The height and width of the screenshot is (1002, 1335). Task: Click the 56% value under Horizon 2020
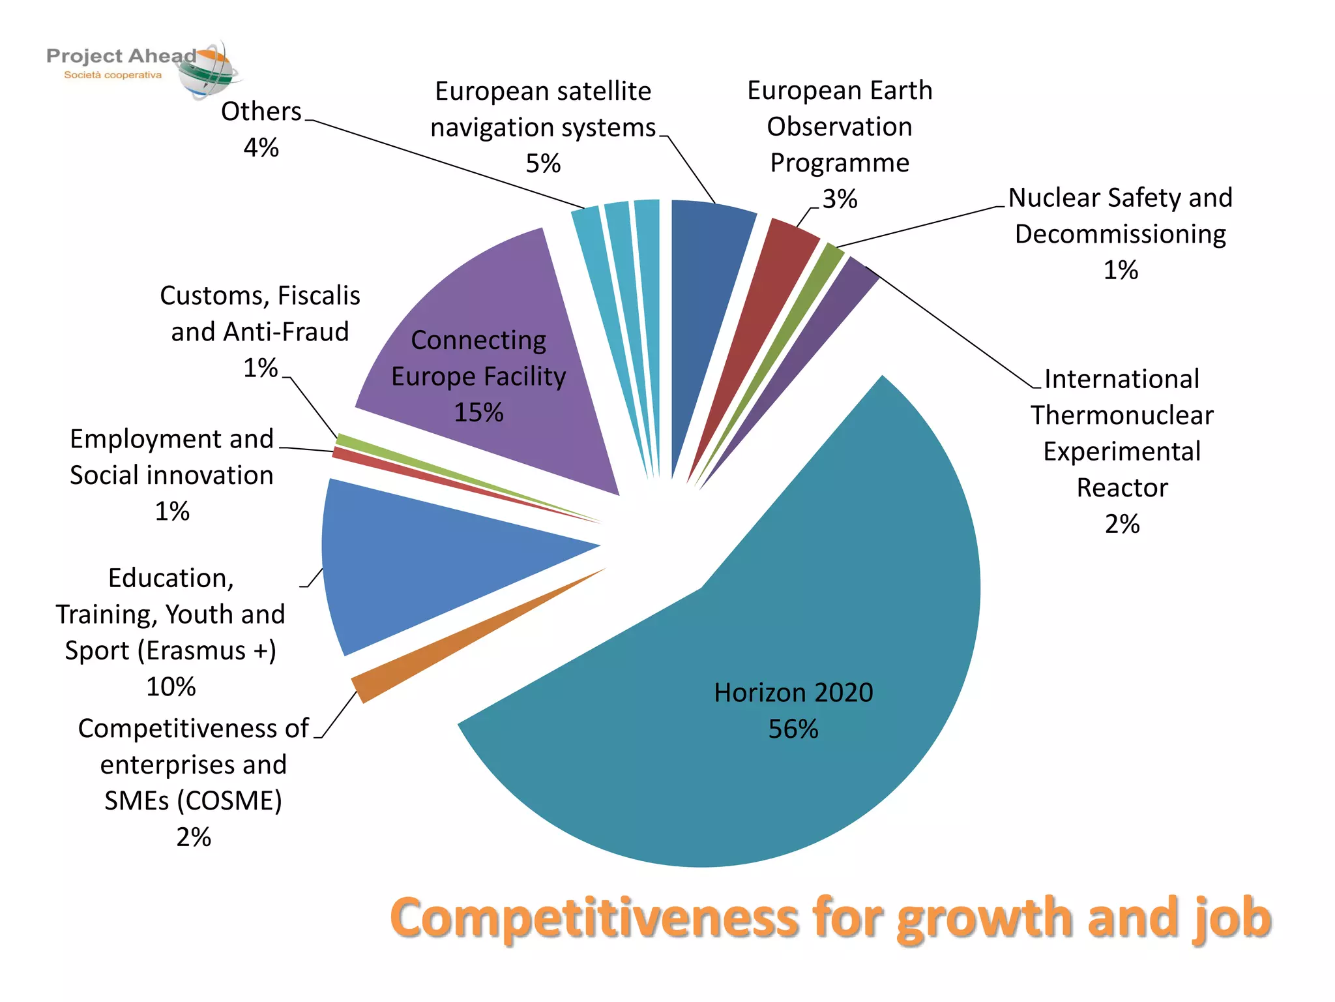pyautogui.click(x=793, y=729)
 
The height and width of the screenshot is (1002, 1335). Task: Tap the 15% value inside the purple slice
pyautogui.click(x=478, y=412)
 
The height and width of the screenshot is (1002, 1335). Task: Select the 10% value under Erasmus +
pyautogui.click(x=171, y=686)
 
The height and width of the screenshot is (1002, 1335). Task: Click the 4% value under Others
pyautogui.click(x=261, y=147)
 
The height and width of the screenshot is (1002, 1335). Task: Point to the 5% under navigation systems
pyautogui.click(x=543, y=163)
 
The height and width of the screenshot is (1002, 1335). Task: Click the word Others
pyautogui.click(x=261, y=112)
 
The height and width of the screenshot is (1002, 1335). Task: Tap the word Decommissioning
pyautogui.click(x=1120, y=234)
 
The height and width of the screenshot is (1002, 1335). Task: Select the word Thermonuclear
pyautogui.click(x=1122, y=416)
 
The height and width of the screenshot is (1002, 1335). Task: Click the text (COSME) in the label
pyautogui.click(x=229, y=801)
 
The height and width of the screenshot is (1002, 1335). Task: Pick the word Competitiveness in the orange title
pyautogui.click(x=594, y=918)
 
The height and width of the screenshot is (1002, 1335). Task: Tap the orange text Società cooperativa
pyautogui.click(x=113, y=75)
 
